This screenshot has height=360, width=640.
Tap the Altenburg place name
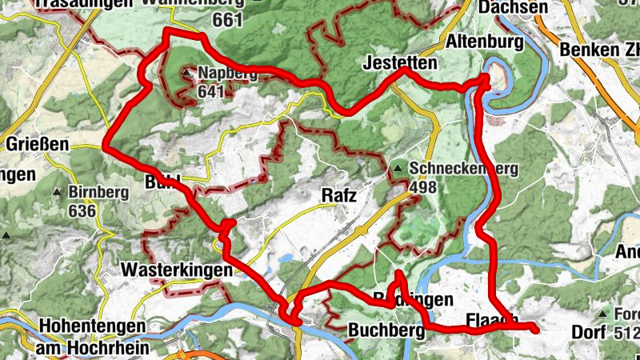coord(485,41)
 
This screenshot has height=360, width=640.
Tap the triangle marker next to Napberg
coord(186,74)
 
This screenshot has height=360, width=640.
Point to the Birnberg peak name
coord(98,193)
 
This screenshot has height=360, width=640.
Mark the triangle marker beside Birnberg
coord(58,193)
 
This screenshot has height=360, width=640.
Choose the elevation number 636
coord(82,210)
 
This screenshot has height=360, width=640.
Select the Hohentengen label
coord(92,326)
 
